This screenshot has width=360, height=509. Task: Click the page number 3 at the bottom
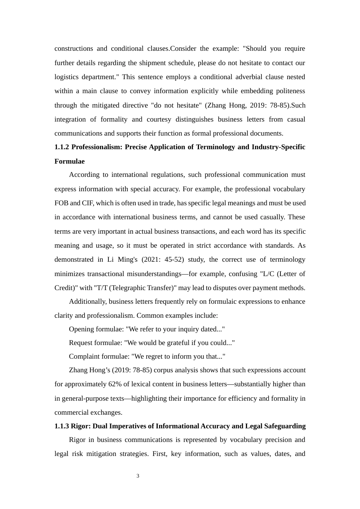[x=138, y=476]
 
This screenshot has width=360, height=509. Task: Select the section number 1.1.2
[x=62, y=147]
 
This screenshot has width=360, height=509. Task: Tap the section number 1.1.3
[x=62, y=426]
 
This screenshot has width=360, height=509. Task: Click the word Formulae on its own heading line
[x=69, y=161]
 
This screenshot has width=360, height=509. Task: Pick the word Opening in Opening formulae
[x=80, y=329]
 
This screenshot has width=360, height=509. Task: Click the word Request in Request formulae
[x=80, y=343]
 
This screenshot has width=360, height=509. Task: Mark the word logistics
[x=67, y=77]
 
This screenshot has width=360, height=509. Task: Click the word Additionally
[x=88, y=301]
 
